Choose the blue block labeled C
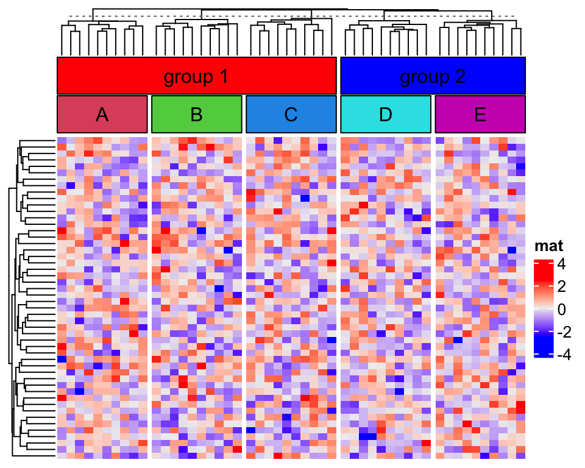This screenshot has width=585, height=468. click(268, 114)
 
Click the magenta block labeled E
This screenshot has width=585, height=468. click(457, 114)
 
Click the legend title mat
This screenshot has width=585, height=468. click(548, 246)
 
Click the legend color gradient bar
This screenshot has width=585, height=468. click(543, 309)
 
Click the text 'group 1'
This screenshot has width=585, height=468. click(196, 77)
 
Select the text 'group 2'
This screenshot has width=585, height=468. click(433, 77)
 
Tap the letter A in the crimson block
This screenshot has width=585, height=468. click(102, 115)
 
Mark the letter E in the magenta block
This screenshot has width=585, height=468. click(480, 115)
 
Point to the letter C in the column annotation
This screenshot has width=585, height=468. click(291, 115)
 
